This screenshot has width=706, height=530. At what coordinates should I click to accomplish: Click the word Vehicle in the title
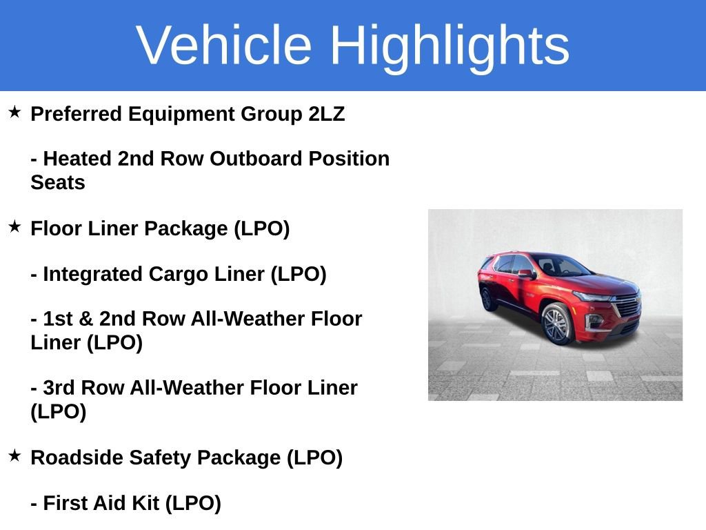point(224,45)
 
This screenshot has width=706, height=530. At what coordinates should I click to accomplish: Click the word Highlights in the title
point(450,45)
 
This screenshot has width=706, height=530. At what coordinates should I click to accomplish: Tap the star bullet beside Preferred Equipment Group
point(14,112)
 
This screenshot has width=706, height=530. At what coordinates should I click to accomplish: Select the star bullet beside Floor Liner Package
point(14,226)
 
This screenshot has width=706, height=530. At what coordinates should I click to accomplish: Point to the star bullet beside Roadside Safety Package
point(14,455)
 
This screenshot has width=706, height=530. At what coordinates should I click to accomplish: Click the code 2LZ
point(327,114)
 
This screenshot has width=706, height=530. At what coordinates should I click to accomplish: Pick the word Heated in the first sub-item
point(77,159)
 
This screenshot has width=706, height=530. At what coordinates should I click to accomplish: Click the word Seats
point(58,183)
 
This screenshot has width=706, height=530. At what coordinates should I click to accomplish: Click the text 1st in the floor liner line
point(57,319)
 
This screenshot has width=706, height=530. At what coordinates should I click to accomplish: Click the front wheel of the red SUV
point(557,323)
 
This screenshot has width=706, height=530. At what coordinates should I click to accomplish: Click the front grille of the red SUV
point(626,304)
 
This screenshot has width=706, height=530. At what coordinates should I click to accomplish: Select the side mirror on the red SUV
point(525,274)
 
